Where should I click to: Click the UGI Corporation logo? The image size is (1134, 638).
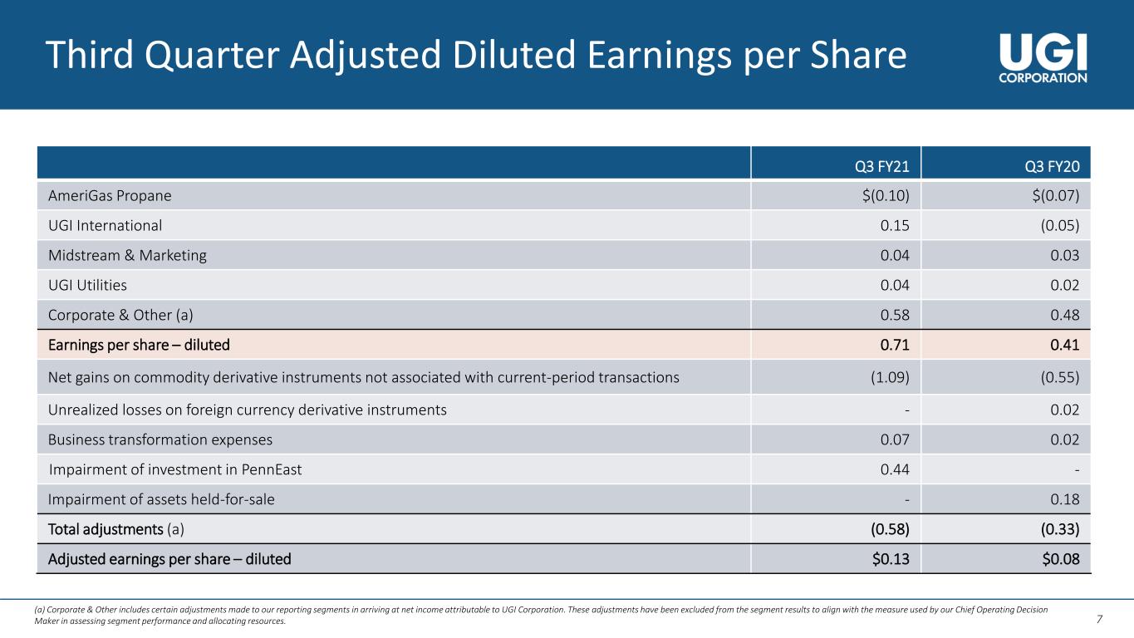(1043, 58)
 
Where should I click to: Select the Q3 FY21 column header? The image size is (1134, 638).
(882, 167)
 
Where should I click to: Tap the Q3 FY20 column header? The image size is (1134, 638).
(1052, 167)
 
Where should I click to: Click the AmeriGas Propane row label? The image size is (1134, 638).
(110, 195)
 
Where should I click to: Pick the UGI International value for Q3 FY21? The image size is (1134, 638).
(895, 225)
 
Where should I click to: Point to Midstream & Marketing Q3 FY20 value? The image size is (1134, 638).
(1065, 255)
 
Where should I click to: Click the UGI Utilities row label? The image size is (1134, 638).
(87, 285)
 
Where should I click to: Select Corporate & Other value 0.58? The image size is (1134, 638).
(895, 315)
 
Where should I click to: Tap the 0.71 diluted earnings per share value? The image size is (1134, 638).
(895, 345)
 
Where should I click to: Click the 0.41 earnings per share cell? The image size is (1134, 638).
(1065, 345)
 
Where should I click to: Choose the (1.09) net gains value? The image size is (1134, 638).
(890, 377)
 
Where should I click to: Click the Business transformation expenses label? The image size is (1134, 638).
(160, 439)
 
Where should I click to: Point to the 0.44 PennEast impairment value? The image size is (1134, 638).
(895, 469)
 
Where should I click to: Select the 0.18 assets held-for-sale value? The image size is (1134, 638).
(1065, 499)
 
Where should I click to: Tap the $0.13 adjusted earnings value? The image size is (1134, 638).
(891, 559)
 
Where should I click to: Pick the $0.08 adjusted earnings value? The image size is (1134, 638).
(1061, 559)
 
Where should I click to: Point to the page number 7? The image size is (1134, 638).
(1099, 619)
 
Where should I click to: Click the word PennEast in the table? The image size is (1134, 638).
(272, 469)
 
